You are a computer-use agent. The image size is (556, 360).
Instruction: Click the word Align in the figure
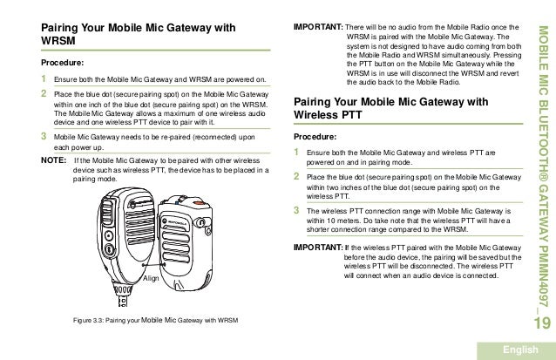coord(151,278)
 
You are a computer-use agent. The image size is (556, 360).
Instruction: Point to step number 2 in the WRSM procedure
coord(44,93)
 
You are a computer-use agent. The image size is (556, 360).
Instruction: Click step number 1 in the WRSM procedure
coord(44,79)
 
